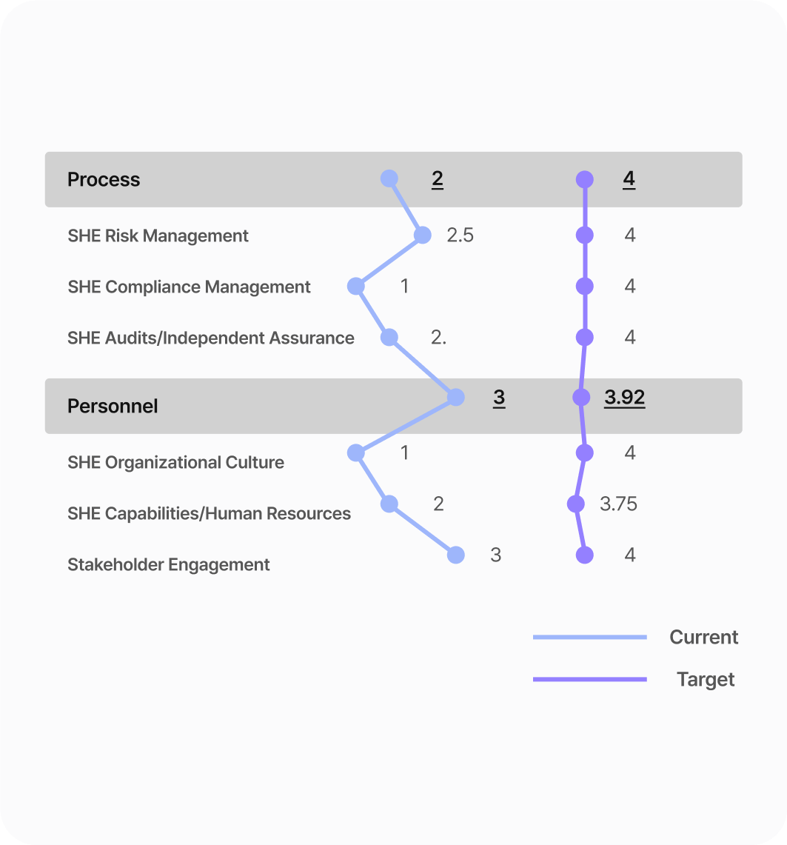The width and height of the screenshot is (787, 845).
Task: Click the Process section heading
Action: [104, 179]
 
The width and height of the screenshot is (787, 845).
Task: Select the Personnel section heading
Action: [113, 406]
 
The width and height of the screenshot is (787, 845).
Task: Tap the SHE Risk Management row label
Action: [158, 236]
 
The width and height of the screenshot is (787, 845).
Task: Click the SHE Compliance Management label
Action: [189, 287]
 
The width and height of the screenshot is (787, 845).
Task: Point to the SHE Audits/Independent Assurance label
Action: [210, 338]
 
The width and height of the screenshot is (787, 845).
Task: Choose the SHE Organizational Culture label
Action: [175, 462]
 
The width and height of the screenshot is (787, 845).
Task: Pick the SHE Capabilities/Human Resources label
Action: [209, 513]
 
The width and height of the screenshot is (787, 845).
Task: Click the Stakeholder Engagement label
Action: [169, 565]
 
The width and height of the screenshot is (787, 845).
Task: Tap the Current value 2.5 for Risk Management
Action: [460, 235]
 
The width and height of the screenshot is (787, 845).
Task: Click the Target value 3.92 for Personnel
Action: [624, 398]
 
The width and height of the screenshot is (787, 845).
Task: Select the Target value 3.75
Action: [618, 504]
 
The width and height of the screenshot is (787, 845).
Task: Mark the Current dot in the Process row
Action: [389, 178]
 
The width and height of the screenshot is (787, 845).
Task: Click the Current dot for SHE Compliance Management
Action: [356, 286]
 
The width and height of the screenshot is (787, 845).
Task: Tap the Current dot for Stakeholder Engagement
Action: [456, 555]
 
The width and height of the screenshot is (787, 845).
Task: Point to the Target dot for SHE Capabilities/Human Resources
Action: [576, 504]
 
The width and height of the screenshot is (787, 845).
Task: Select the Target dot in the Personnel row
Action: [581, 397]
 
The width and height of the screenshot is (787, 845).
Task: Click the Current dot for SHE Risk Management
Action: [423, 235]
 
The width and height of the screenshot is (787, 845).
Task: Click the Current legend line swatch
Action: [590, 637]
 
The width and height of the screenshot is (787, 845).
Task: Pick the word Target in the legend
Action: [706, 680]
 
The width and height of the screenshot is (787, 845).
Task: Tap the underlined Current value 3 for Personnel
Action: [499, 398]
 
